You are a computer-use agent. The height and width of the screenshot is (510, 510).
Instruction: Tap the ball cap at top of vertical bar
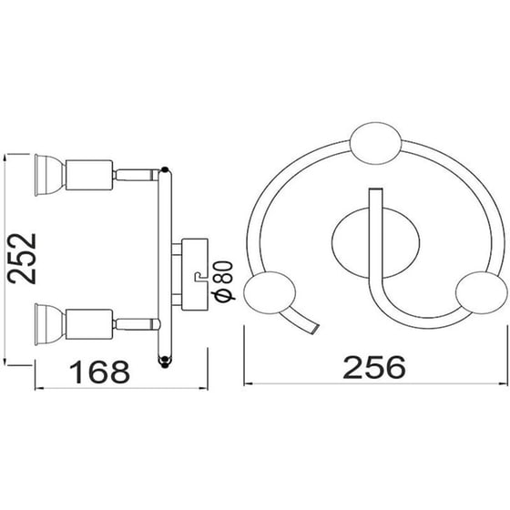[x=164, y=168]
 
